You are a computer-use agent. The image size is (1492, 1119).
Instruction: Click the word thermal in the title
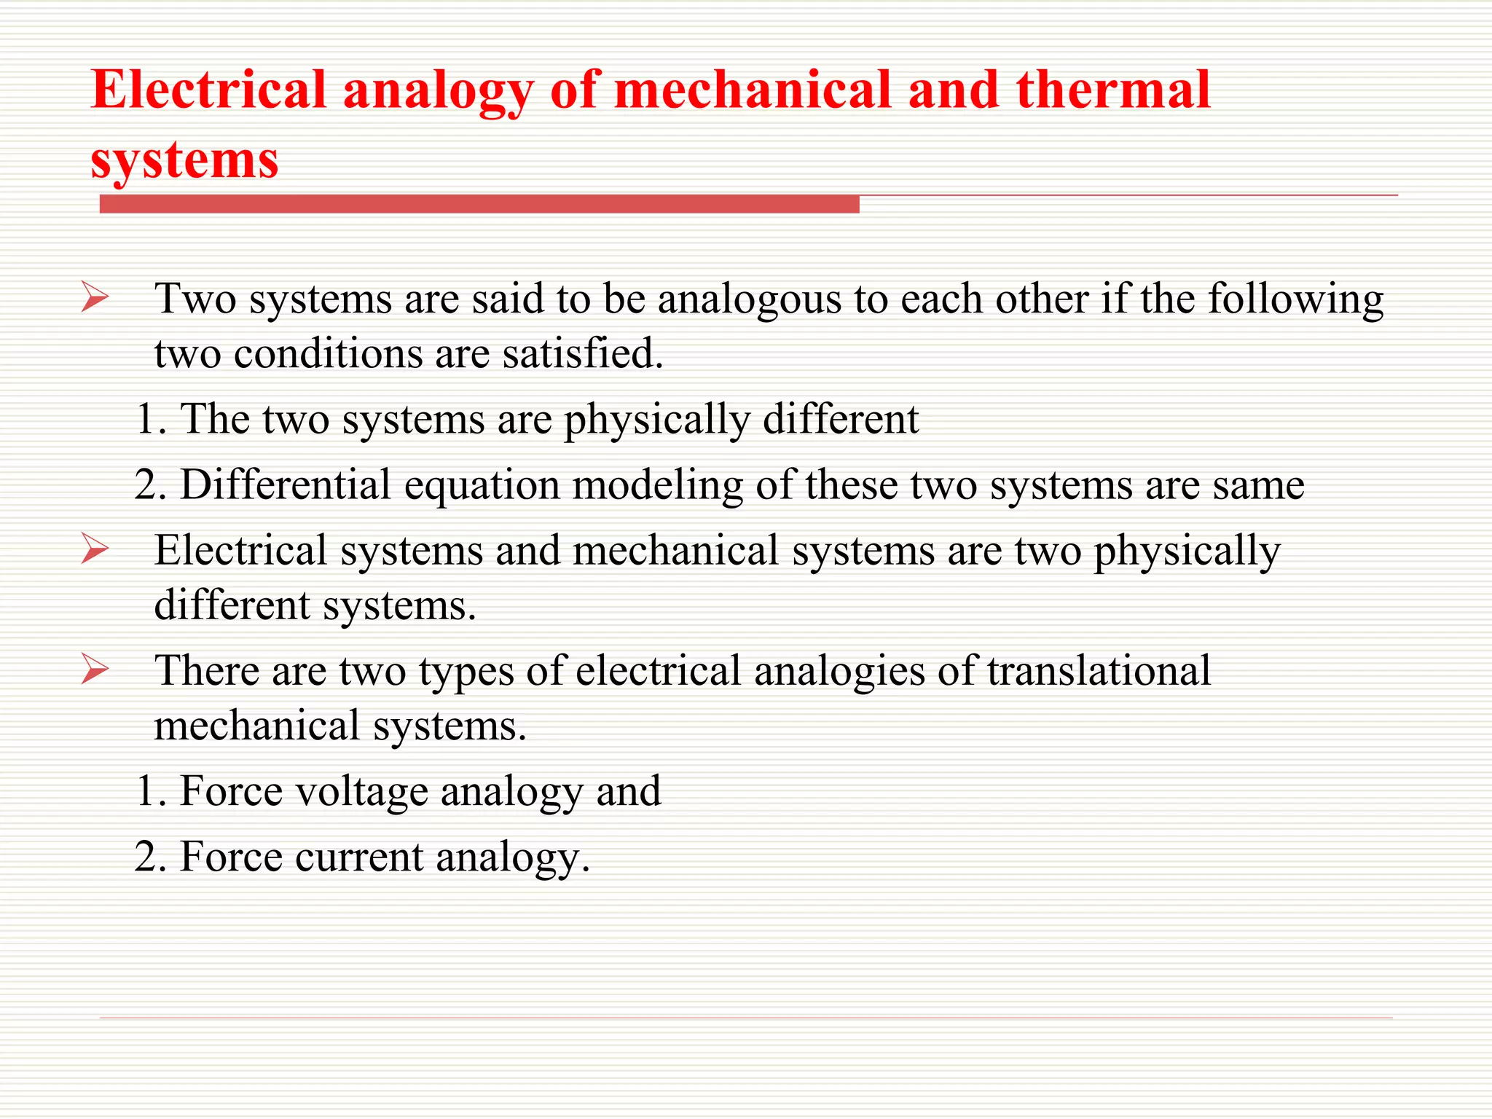(x=1113, y=90)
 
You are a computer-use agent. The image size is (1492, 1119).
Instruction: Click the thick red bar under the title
(x=479, y=204)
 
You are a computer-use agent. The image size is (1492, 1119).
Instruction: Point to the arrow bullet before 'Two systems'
(x=95, y=297)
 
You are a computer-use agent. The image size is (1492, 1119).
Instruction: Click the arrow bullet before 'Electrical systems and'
(x=95, y=549)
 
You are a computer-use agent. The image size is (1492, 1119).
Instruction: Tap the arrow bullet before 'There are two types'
(x=95, y=669)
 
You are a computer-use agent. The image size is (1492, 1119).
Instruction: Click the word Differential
(x=286, y=484)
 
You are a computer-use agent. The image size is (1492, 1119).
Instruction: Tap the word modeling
(x=657, y=486)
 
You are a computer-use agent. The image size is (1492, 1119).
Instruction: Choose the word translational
(x=1099, y=670)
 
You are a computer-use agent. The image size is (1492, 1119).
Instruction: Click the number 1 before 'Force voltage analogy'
(x=146, y=791)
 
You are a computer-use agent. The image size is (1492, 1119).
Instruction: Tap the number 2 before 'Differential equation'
(x=146, y=485)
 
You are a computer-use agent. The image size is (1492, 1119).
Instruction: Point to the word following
(x=1295, y=299)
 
